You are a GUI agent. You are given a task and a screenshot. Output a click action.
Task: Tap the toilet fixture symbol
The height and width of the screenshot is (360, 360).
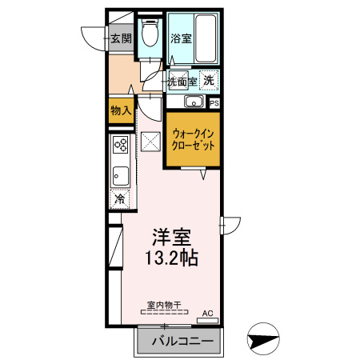pyautogui.click(x=149, y=34)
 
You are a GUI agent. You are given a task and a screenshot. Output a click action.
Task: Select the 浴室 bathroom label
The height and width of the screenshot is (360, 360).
pyautogui.click(x=179, y=38)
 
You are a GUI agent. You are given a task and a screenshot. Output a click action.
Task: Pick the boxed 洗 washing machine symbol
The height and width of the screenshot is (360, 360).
pyautogui.click(x=208, y=80)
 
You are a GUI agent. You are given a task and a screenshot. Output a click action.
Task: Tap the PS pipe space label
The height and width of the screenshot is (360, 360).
pyautogui.click(x=214, y=102)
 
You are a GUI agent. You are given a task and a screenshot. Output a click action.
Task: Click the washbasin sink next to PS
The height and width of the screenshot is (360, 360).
pyautogui.click(x=193, y=102)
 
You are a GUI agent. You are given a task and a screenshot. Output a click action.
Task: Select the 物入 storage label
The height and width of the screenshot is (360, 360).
pyautogui.click(x=121, y=111)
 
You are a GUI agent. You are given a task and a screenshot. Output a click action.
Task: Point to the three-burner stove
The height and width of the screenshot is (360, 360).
pyautogui.click(x=122, y=146)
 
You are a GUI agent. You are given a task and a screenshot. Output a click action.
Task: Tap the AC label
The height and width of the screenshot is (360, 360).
pyautogui.click(x=208, y=313)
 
